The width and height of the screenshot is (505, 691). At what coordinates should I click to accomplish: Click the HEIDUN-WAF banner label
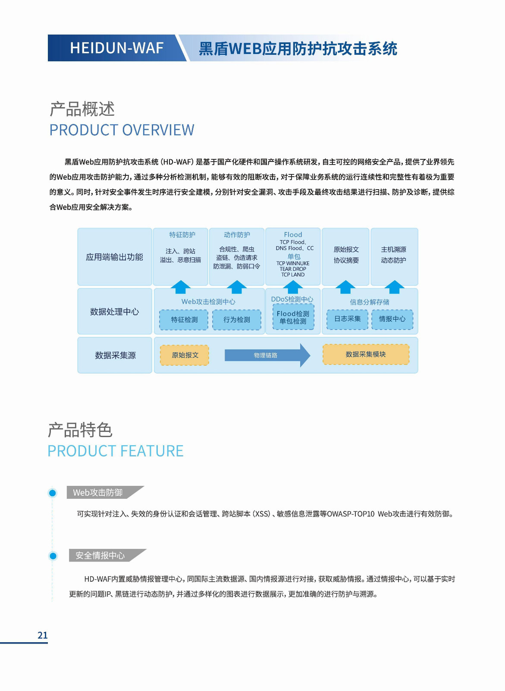[x=116, y=48]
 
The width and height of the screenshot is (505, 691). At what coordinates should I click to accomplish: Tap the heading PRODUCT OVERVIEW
[x=122, y=130]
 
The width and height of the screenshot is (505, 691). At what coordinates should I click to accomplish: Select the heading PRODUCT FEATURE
[x=115, y=451]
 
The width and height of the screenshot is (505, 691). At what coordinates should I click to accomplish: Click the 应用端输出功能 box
[x=114, y=257]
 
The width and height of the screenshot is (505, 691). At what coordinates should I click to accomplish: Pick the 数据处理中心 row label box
[x=114, y=311]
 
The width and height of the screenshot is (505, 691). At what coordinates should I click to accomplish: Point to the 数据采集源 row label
[x=115, y=355]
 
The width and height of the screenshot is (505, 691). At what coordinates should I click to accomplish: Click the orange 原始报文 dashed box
[x=185, y=355]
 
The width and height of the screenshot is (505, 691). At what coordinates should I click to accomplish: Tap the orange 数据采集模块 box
[x=366, y=354]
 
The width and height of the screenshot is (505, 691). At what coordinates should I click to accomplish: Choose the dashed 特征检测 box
[x=184, y=320]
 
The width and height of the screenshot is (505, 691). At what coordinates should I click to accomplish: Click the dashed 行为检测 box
[x=237, y=320]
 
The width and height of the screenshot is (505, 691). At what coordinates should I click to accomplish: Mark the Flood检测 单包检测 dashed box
[x=293, y=317]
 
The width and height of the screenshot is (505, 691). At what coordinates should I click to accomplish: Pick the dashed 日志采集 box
[x=347, y=319]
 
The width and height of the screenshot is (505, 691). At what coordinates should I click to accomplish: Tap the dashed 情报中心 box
[x=392, y=319]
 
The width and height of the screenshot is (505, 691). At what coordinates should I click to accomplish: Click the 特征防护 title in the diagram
[x=182, y=235]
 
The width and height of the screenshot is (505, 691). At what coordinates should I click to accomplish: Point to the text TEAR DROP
[x=293, y=269]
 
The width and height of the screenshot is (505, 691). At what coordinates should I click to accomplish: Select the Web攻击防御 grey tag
[x=98, y=492]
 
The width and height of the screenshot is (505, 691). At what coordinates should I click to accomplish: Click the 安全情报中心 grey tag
[x=100, y=555]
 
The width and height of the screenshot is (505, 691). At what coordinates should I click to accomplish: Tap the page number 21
[x=43, y=635]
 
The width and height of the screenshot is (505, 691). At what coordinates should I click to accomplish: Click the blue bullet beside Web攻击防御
[x=53, y=493]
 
